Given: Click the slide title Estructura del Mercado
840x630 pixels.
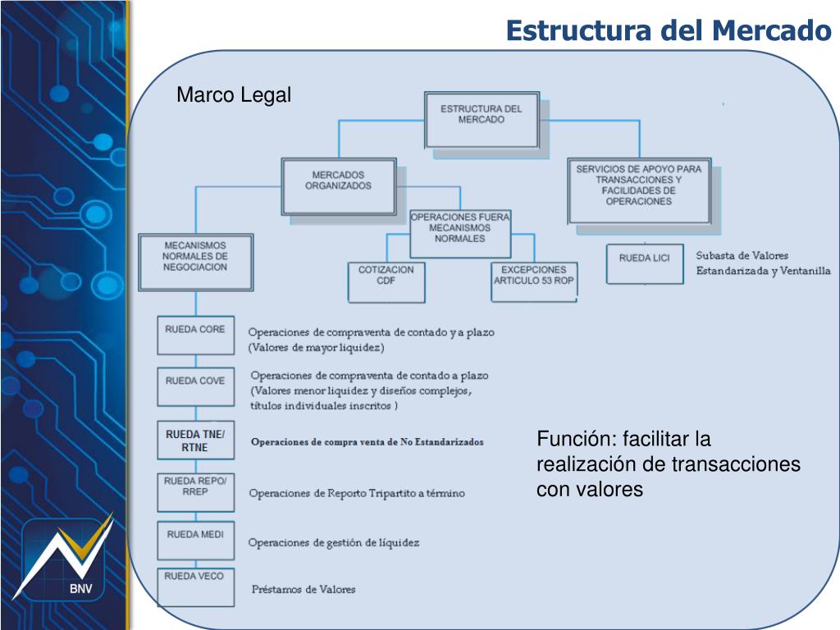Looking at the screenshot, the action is pos(668,30).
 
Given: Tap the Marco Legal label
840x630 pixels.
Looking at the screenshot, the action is pos(234,96).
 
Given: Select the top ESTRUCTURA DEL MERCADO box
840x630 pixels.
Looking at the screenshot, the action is pos(482,118).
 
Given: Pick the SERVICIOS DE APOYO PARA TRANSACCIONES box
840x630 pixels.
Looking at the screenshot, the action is pos(638,191).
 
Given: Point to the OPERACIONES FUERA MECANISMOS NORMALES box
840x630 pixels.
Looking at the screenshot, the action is pos(459,232).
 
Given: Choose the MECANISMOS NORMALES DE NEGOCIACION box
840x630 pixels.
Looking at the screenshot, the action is pos(195,261).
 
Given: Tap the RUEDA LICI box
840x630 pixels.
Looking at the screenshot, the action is pos(644,263).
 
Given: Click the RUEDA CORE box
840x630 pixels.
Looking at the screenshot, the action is pos(195,335).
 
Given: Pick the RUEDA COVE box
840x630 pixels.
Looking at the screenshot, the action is pos(195,386).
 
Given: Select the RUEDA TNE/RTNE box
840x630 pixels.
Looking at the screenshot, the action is pos(195,441).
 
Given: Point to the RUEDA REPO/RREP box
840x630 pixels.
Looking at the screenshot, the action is pos(195,491).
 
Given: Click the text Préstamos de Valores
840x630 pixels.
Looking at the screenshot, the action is pos(304,590).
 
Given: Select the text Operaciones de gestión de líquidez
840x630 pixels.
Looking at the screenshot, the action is pos(334,542).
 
